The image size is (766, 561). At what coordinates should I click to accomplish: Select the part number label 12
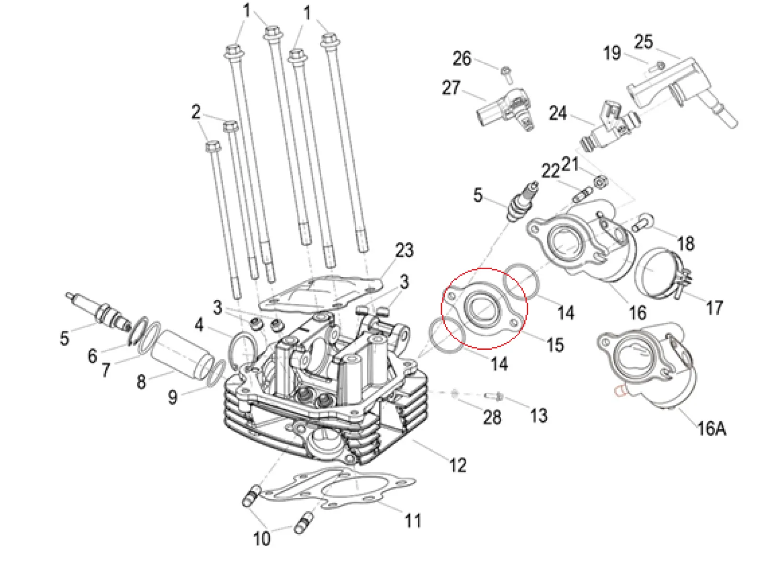tap(458, 465)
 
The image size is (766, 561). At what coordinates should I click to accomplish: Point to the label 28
tap(492, 417)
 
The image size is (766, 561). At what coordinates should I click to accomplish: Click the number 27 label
tap(451, 88)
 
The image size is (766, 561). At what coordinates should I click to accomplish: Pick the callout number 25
tap(643, 42)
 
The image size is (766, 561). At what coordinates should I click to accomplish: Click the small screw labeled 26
tap(507, 72)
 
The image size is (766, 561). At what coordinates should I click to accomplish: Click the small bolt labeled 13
tap(494, 396)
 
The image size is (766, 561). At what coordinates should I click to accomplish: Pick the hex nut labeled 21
tap(598, 182)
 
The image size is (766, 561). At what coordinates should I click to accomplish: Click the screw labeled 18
tap(641, 223)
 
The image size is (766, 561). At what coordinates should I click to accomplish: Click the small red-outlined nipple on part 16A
tap(620, 392)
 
